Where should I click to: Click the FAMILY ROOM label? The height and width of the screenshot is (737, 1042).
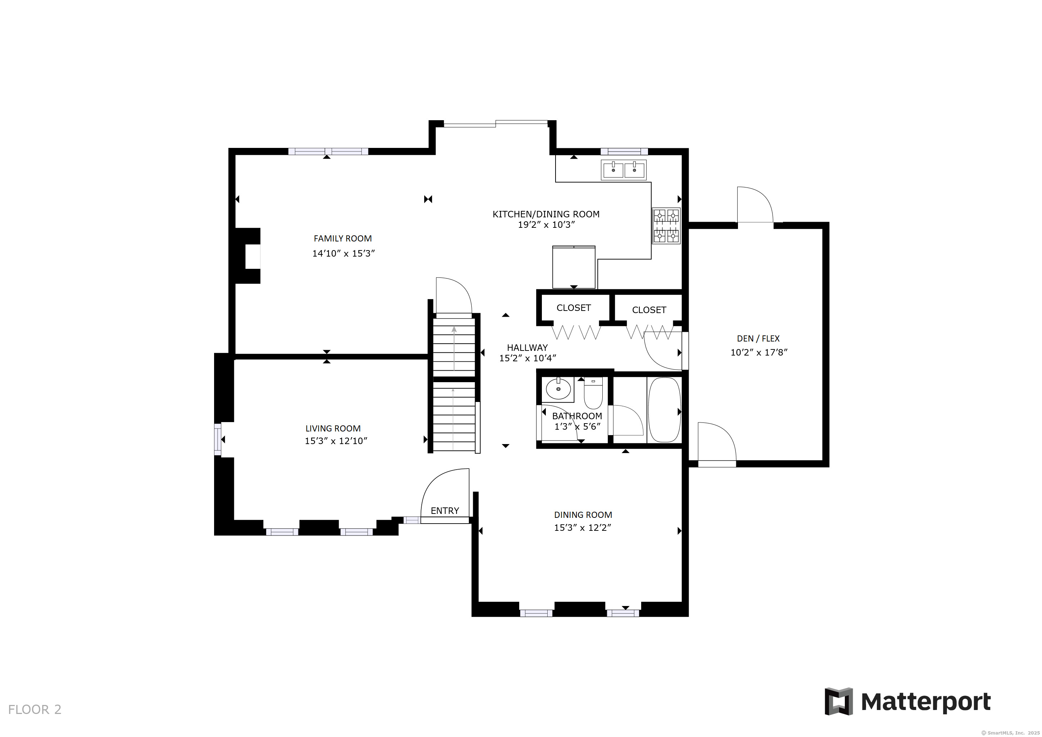click(343, 238)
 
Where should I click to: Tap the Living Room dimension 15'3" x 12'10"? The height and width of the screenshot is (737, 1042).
click(336, 441)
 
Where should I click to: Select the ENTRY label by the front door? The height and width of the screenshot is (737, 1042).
click(445, 511)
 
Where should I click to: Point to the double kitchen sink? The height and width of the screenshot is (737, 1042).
click(624, 170)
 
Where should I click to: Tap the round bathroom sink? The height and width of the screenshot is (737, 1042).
click(558, 389)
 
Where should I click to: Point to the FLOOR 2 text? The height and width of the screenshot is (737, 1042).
click(35, 709)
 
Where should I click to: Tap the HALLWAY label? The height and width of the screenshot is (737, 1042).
click(527, 348)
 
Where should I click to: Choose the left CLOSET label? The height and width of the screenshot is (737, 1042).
click(574, 308)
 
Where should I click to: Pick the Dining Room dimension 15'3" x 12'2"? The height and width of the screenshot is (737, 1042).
click(583, 527)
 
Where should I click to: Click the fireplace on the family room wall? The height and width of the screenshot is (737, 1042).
click(248, 256)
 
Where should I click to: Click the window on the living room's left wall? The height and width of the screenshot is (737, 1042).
click(218, 439)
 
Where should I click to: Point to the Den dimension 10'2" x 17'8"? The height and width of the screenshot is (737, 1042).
click(759, 352)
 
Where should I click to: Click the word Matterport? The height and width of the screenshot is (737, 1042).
click(926, 702)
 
